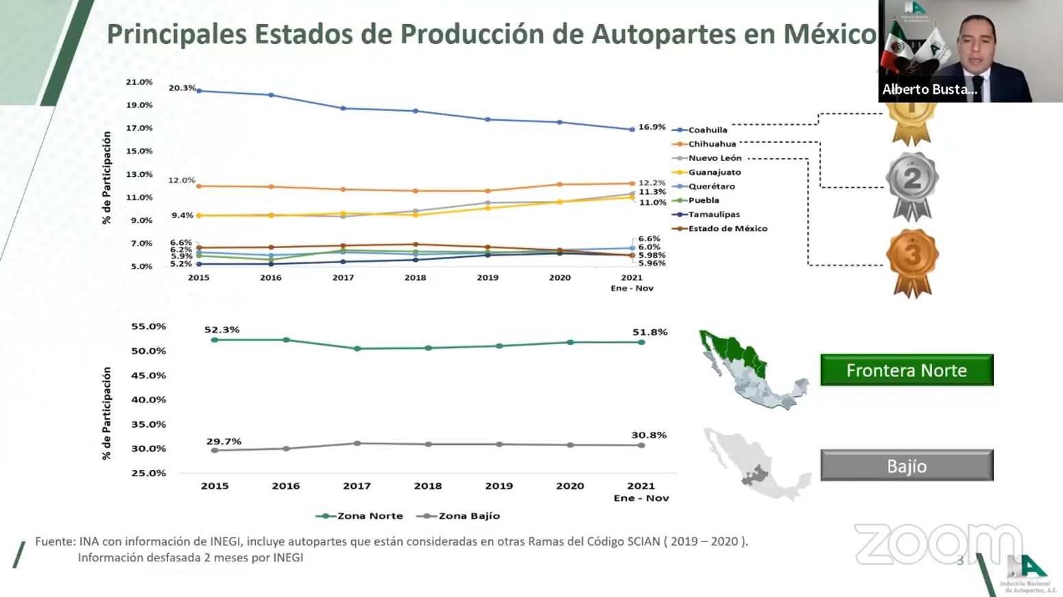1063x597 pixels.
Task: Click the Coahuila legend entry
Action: (707, 130)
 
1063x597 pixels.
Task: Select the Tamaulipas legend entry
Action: (713, 215)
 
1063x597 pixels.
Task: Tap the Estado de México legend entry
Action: (727, 228)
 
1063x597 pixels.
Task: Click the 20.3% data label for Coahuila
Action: (182, 88)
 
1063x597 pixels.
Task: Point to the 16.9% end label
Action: (652, 127)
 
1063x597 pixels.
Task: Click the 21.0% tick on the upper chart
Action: (139, 82)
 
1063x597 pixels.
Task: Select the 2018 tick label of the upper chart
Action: (415, 278)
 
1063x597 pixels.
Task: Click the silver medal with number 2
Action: (911, 182)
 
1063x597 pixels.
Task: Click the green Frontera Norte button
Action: (907, 370)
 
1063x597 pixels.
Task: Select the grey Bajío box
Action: (907, 466)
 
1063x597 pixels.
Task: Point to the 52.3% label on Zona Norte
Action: (222, 330)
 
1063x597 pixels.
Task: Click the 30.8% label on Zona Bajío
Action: (649, 435)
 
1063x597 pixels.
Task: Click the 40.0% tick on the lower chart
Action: (149, 400)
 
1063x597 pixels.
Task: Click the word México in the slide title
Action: (830, 34)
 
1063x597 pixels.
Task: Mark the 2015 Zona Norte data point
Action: (215, 340)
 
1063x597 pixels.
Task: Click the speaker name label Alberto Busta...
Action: (929, 90)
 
